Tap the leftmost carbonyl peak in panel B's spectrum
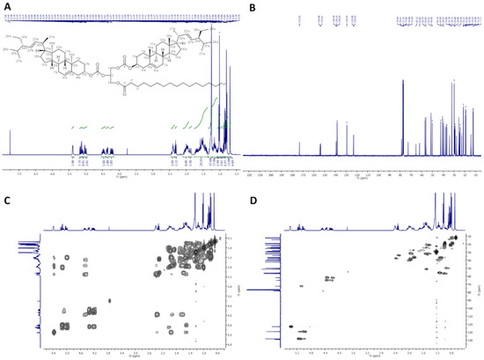coord(300,146)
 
